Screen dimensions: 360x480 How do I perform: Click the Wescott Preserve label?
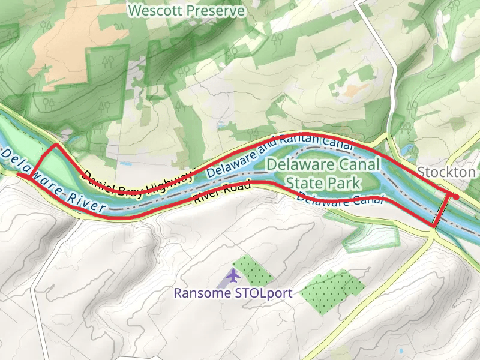tap(187, 11)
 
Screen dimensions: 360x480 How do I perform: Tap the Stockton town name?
tap(446, 172)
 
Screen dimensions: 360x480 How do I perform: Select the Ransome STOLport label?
tap(233, 293)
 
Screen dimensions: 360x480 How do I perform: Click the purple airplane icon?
tap(233, 276)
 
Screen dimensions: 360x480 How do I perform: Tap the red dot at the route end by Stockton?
tap(456, 197)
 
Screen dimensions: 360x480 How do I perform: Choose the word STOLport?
tap(262, 293)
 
